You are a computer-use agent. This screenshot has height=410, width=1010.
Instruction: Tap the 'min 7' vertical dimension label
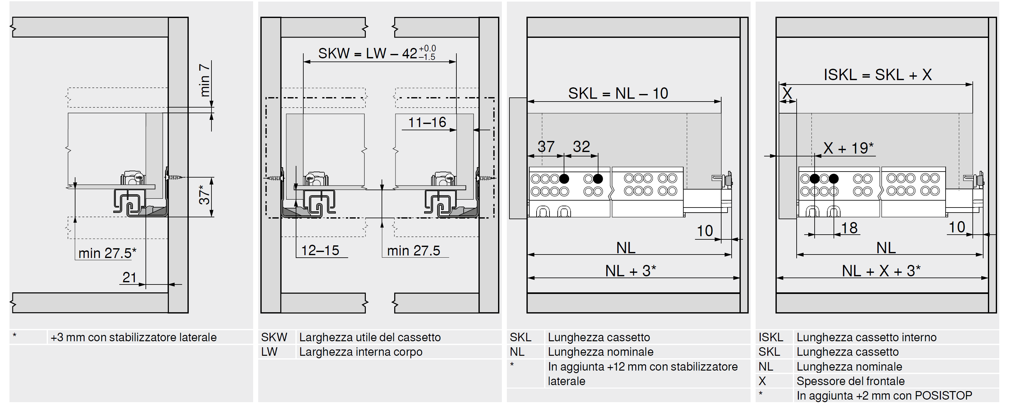point(205,80)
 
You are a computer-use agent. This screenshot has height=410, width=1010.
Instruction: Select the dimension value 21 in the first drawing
point(129,277)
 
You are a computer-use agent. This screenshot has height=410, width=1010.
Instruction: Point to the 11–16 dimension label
point(427,122)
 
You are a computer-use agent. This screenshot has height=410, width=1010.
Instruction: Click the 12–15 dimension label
point(320,250)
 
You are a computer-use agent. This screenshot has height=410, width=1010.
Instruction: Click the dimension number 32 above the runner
point(581,147)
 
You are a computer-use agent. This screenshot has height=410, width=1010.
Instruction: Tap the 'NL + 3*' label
point(630,271)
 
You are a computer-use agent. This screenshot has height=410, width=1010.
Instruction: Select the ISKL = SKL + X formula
point(877,74)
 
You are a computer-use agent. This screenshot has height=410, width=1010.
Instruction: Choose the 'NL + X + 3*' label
point(881,271)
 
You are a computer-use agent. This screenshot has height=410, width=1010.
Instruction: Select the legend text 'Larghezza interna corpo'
point(361,352)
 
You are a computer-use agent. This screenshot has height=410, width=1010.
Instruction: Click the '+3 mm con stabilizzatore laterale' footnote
point(133,337)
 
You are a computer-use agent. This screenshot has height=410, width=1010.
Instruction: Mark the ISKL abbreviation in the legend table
point(770,337)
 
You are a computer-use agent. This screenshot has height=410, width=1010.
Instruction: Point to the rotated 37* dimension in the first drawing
point(204,195)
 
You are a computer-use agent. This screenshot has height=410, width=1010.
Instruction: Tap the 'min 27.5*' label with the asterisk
point(107,253)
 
